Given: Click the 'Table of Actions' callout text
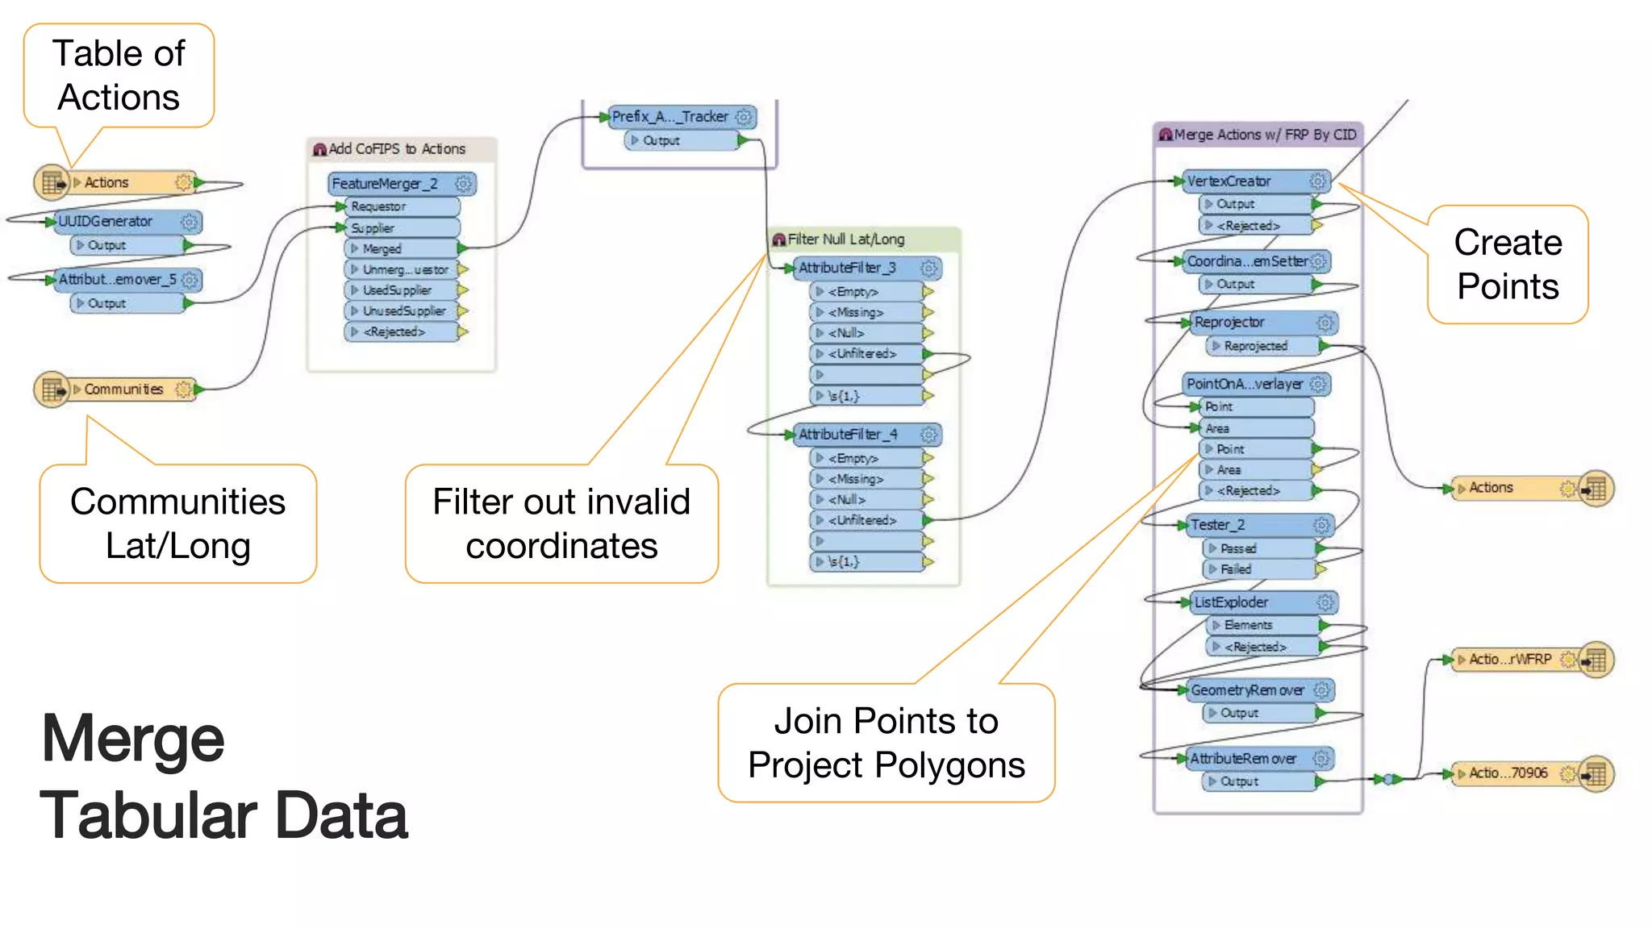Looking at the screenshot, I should (x=119, y=75).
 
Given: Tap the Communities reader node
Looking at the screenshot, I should (x=121, y=390).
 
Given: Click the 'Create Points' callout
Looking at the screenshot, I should (x=1507, y=265).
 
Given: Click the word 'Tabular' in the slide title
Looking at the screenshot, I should (x=145, y=815).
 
